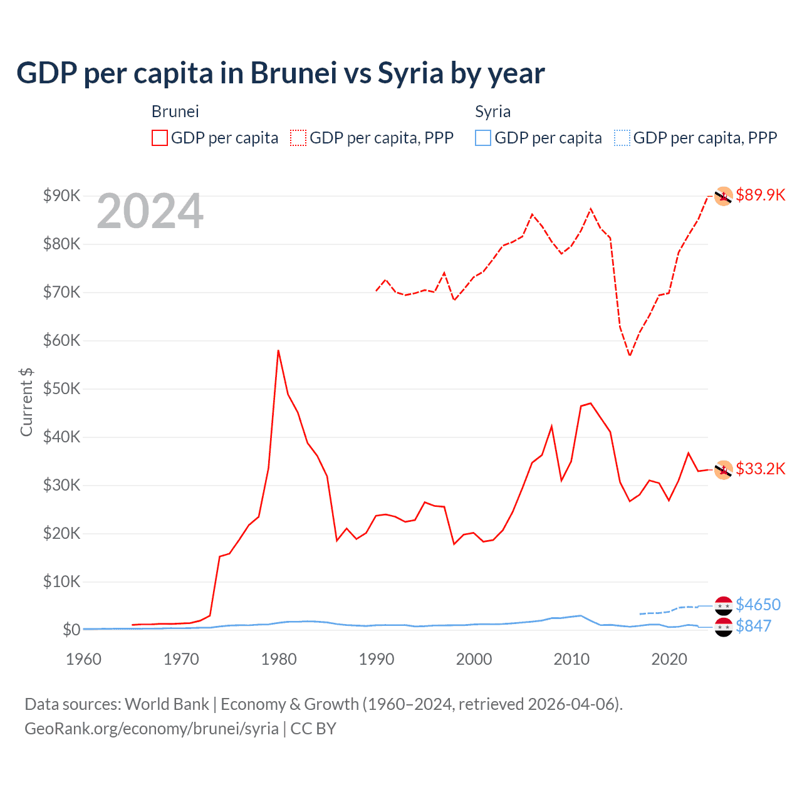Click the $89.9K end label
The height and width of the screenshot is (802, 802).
pos(760,195)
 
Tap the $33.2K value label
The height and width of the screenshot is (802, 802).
pos(760,469)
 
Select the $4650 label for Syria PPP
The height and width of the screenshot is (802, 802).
pos(758,605)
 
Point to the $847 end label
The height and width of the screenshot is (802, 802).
pos(753,626)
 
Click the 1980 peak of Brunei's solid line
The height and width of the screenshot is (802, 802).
pos(278,351)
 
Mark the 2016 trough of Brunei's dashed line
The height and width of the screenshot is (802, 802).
pos(630,355)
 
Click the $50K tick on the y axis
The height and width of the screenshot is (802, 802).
pos(61,388)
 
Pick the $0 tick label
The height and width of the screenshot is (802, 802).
pos(71,630)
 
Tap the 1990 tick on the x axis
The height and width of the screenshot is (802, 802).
pos(377,659)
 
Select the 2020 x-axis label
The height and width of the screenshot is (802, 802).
pos(669,659)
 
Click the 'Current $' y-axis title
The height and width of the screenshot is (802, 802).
pos(26,402)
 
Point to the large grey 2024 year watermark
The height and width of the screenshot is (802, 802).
pos(150,212)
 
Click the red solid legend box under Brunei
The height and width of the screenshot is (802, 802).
pos(160,138)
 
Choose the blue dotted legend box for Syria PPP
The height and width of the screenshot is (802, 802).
pos(622,138)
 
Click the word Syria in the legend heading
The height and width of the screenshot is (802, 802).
pos(492,112)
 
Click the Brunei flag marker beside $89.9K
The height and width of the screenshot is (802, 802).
pos(724,196)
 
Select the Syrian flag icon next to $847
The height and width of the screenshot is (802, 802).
pos(724,627)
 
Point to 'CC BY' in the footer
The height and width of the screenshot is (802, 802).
pos(313,729)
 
